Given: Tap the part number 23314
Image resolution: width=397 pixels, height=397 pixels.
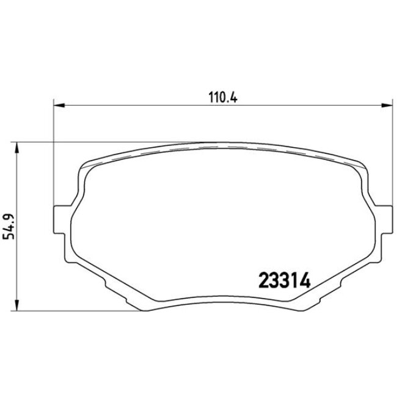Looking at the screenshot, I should (285, 282).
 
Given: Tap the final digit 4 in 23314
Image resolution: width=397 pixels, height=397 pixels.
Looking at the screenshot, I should (306, 282).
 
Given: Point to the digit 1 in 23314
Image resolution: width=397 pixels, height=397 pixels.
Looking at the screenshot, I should (296, 282).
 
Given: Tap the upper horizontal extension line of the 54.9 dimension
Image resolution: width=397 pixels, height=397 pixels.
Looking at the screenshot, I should (92, 143).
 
